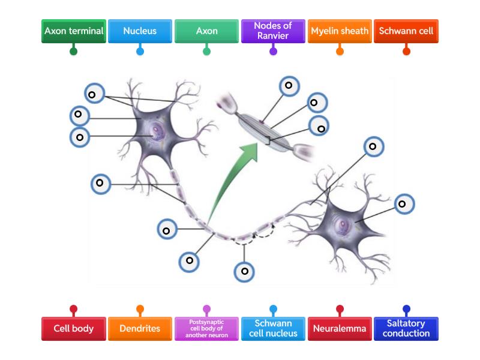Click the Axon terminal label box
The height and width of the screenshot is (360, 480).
click(74, 31)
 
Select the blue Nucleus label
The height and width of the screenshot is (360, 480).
click(140, 31)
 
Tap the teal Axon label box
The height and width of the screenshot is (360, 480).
click(207, 31)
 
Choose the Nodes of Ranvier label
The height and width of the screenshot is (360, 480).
click(273, 31)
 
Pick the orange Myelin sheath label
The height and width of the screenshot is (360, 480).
click(340, 31)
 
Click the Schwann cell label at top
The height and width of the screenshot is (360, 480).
click(406, 31)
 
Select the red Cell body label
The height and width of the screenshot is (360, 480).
click(74, 329)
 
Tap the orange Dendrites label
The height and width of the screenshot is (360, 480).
click(140, 329)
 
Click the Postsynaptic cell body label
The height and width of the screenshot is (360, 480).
click(207, 329)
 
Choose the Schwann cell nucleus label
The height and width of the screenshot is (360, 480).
click(273, 329)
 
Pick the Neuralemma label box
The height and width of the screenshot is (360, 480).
click(340, 329)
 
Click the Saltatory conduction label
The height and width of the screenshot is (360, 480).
click(406, 329)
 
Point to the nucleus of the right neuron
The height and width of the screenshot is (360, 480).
click(343, 226)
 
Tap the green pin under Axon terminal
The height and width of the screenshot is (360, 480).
click(74, 52)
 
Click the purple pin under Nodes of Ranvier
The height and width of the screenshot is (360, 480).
click(273, 52)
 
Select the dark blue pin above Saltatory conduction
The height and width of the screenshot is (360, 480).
click(406, 310)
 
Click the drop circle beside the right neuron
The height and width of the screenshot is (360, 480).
click(403, 204)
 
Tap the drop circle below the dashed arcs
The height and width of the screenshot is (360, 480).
click(244, 271)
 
